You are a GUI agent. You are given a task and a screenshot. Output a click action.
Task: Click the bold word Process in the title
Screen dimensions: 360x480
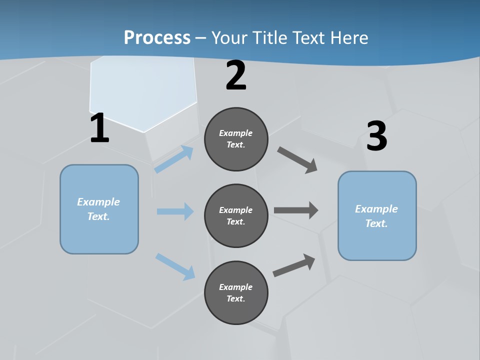[x=157, y=37]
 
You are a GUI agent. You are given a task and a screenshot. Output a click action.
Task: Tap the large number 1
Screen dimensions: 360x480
[x=99, y=128]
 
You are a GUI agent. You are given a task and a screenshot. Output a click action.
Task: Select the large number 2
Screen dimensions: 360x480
[x=236, y=76]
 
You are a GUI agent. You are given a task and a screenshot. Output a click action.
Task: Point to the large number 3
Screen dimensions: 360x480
[x=376, y=136]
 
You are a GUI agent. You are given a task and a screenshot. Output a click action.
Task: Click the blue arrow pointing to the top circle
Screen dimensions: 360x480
[x=174, y=159]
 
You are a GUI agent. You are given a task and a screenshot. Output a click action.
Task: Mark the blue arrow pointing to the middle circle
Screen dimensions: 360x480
[x=175, y=211]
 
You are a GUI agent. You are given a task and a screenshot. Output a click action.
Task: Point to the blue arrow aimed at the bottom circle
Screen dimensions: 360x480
[x=175, y=266]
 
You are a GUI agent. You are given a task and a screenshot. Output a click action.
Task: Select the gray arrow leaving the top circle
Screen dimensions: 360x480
[x=297, y=159]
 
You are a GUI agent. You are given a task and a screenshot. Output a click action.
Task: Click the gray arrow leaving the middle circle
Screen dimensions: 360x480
[x=296, y=210]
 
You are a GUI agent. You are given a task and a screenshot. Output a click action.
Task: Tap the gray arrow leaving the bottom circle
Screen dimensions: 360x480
[x=294, y=265]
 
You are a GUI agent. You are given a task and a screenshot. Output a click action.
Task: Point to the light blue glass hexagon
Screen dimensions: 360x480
[x=142, y=92]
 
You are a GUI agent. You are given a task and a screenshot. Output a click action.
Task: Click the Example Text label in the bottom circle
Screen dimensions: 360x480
[x=236, y=292]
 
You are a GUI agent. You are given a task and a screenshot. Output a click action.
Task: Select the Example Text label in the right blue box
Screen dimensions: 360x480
[x=376, y=216]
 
